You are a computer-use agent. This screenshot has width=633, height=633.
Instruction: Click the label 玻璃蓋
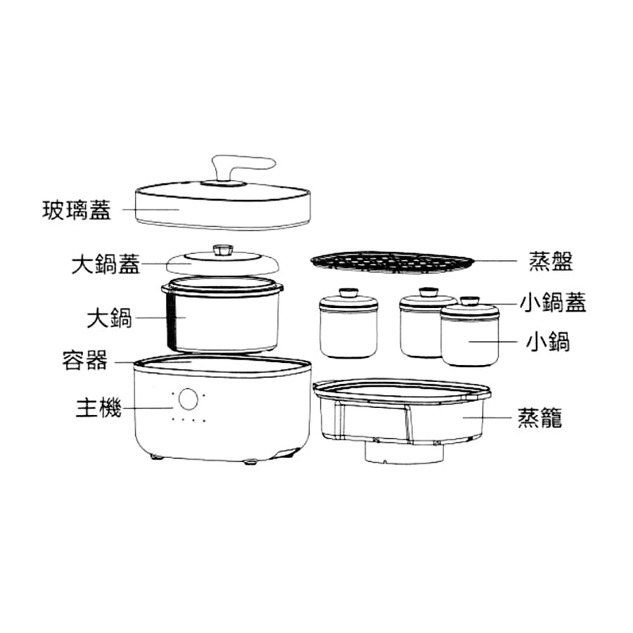coord(76,210)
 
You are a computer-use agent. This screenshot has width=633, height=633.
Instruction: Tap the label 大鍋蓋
coord(105,264)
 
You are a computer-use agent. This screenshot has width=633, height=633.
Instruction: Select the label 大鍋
coord(110,318)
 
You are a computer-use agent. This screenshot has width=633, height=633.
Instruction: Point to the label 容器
coord(85,361)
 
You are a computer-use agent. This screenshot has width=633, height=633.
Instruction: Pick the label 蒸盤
coord(551,261)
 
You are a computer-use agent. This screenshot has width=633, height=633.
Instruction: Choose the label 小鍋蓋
coord(553,302)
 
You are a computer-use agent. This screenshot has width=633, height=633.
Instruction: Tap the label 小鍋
coord(548,342)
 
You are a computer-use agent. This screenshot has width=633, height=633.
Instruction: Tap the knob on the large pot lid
coord(222,250)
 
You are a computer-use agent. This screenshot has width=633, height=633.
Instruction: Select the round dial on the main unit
coord(188,399)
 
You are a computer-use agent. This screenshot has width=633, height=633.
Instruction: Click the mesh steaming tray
coord(392,262)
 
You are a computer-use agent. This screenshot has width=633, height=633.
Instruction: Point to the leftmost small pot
coord(348,327)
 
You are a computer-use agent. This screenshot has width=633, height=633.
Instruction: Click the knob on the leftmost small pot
coord(349,293)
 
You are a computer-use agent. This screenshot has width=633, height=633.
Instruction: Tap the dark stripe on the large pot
coord(171,321)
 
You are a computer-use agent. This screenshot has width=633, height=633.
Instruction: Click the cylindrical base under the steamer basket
coord(404,452)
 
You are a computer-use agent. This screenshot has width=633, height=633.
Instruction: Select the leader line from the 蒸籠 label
coord(487,418)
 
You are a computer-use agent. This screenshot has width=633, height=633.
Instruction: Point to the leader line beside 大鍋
coord(160,318)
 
